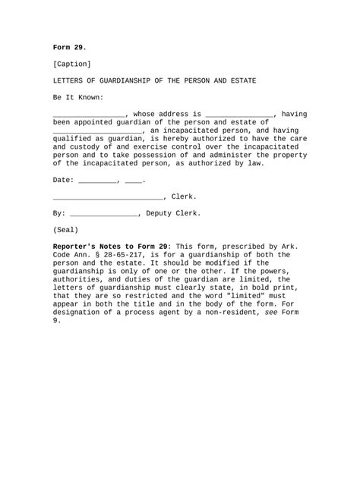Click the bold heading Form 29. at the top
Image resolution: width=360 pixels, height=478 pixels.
coord(69,47)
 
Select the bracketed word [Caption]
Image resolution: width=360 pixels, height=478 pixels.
coord(72,64)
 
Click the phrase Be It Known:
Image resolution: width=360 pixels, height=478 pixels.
coord(78,97)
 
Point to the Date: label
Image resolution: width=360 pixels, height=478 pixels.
coord(64,181)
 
